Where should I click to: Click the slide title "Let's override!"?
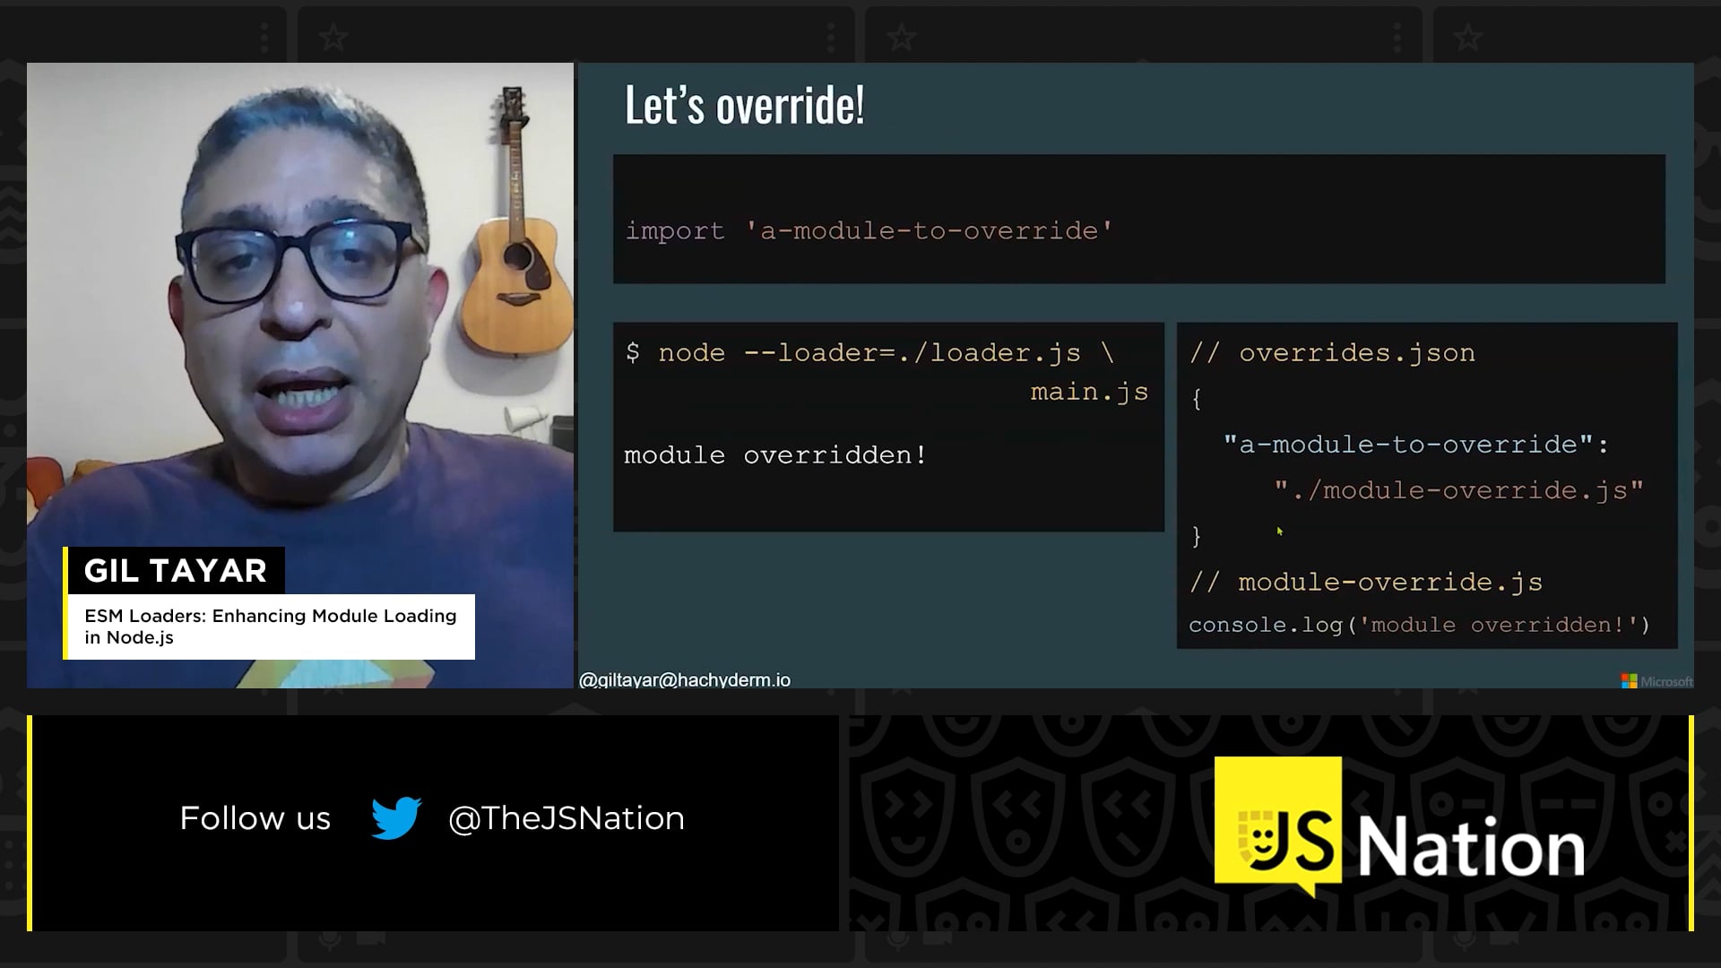point(744,105)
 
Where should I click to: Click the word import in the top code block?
point(674,231)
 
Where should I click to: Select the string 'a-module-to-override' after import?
point(930,230)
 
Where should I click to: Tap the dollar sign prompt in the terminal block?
point(633,352)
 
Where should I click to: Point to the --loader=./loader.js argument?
point(912,353)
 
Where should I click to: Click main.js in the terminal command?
point(1089,392)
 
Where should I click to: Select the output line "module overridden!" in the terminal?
point(775,455)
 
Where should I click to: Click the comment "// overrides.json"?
point(1332,353)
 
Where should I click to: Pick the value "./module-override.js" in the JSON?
point(1459,490)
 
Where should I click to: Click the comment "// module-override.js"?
point(1366,583)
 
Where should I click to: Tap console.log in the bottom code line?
point(1265,625)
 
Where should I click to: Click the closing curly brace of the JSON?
point(1196,536)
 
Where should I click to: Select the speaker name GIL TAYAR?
point(176,570)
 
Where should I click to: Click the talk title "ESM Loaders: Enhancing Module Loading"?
point(271,616)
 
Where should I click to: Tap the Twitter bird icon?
point(396,817)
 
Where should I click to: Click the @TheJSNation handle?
point(566,818)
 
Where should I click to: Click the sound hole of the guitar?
point(518,256)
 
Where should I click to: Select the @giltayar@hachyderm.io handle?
point(685,680)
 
